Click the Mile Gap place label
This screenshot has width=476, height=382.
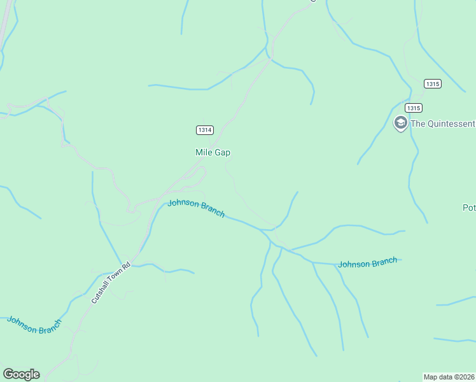pos(213,153)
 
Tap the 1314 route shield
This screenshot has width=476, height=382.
pos(204,130)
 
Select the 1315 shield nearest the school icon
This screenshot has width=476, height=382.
pos(412,108)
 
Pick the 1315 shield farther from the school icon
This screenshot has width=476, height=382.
pos(432,84)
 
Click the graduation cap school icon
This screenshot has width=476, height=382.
pos(400,123)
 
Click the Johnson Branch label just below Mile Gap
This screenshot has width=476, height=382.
pos(196,208)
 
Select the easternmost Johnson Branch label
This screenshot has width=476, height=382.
pos(368,262)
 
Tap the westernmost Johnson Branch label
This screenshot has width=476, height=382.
pos(34,324)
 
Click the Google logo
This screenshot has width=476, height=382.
pos(21,374)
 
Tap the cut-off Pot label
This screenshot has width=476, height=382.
pos(469,208)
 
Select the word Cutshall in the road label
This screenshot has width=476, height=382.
pos(101,293)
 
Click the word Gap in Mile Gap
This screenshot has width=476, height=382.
pos(222,153)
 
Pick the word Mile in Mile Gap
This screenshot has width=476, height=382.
pos(204,153)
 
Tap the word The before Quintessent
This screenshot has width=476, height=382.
pos(418,124)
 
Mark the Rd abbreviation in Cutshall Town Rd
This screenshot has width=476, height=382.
pos(126,266)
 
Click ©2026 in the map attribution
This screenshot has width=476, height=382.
pos(463,376)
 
